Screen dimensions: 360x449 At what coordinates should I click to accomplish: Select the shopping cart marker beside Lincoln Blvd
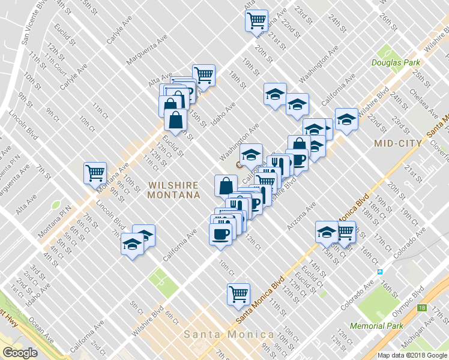pos(95,173)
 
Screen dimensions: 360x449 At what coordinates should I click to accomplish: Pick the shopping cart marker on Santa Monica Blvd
pos(238,294)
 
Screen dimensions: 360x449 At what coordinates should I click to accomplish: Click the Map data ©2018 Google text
pos(412,355)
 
